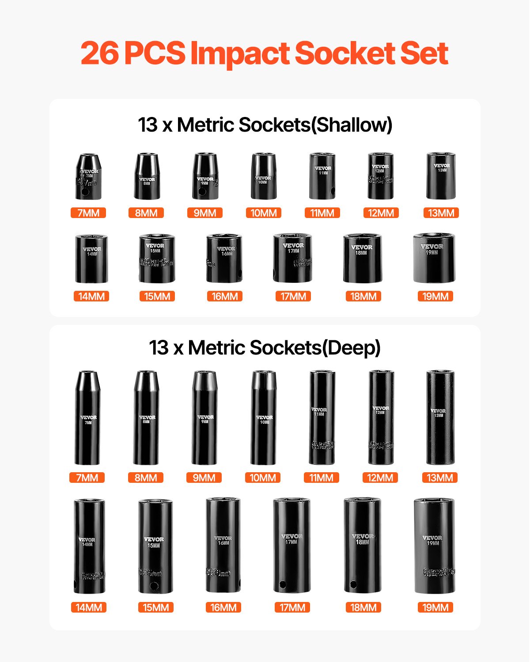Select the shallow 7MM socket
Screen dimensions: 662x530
88,177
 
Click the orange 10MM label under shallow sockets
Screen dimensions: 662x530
264,213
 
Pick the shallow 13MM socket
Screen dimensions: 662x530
441,176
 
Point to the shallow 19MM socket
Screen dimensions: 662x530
434,258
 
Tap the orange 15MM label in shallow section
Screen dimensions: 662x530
157,296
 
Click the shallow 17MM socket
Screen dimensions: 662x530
292,259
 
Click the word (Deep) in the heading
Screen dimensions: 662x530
351,347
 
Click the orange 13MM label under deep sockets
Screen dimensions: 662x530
439,478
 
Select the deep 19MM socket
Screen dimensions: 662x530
434,546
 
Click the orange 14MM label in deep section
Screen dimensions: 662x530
89,607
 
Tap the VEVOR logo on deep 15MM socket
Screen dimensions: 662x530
154,539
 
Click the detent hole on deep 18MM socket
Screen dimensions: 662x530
353,585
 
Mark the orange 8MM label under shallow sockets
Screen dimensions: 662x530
146,213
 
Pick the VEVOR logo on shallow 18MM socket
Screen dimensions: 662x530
362,247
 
